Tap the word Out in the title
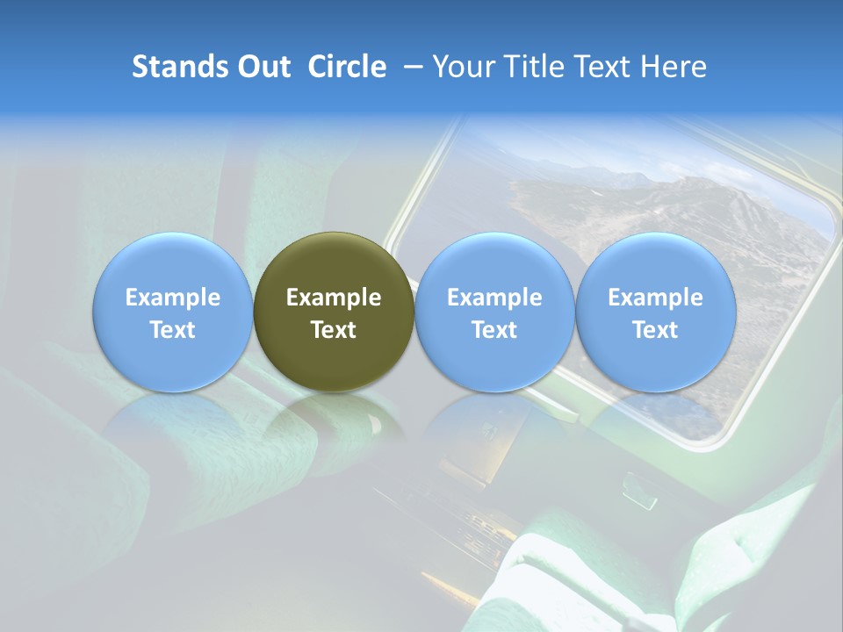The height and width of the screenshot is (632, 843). point(263,67)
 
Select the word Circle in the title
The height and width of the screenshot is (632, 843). point(347,67)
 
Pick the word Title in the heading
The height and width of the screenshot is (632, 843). point(530,67)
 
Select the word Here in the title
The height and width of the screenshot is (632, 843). point(673,67)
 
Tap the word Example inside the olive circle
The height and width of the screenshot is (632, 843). point(334,298)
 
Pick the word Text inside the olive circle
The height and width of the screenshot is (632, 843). point(334,330)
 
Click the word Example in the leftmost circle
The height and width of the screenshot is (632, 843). point(173,298)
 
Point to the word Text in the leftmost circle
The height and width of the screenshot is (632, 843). point(173,330)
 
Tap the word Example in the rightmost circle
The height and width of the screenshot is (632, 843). point(656,298)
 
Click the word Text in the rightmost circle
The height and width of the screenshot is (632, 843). point(656,330)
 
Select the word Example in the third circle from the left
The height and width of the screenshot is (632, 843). point(494,298)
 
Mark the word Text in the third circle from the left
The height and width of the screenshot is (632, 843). point(494,330)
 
